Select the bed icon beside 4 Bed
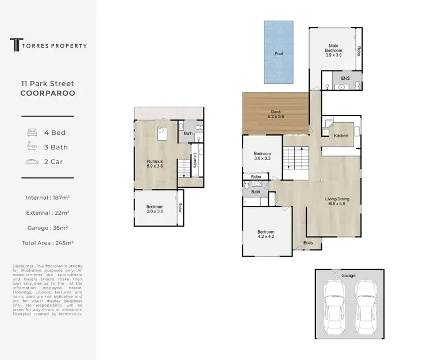(x=32, y=133)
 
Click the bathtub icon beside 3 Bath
(x=32, y=147)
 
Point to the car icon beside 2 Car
(x=32, y=162)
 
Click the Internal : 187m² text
(x=48, y=198)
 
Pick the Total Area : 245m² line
(x=48, y=242)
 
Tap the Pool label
(x=279, y=53)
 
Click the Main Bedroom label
(x=334, y=51)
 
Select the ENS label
(x=345, y=78)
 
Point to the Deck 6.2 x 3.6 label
(x=276, y=114)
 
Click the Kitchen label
(x=341, y=136)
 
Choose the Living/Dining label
(x=337, y=202)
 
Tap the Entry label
(x=309, y=243)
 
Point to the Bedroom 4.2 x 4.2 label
(x=265, y=234)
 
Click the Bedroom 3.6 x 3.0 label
(x=155, y=209)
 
